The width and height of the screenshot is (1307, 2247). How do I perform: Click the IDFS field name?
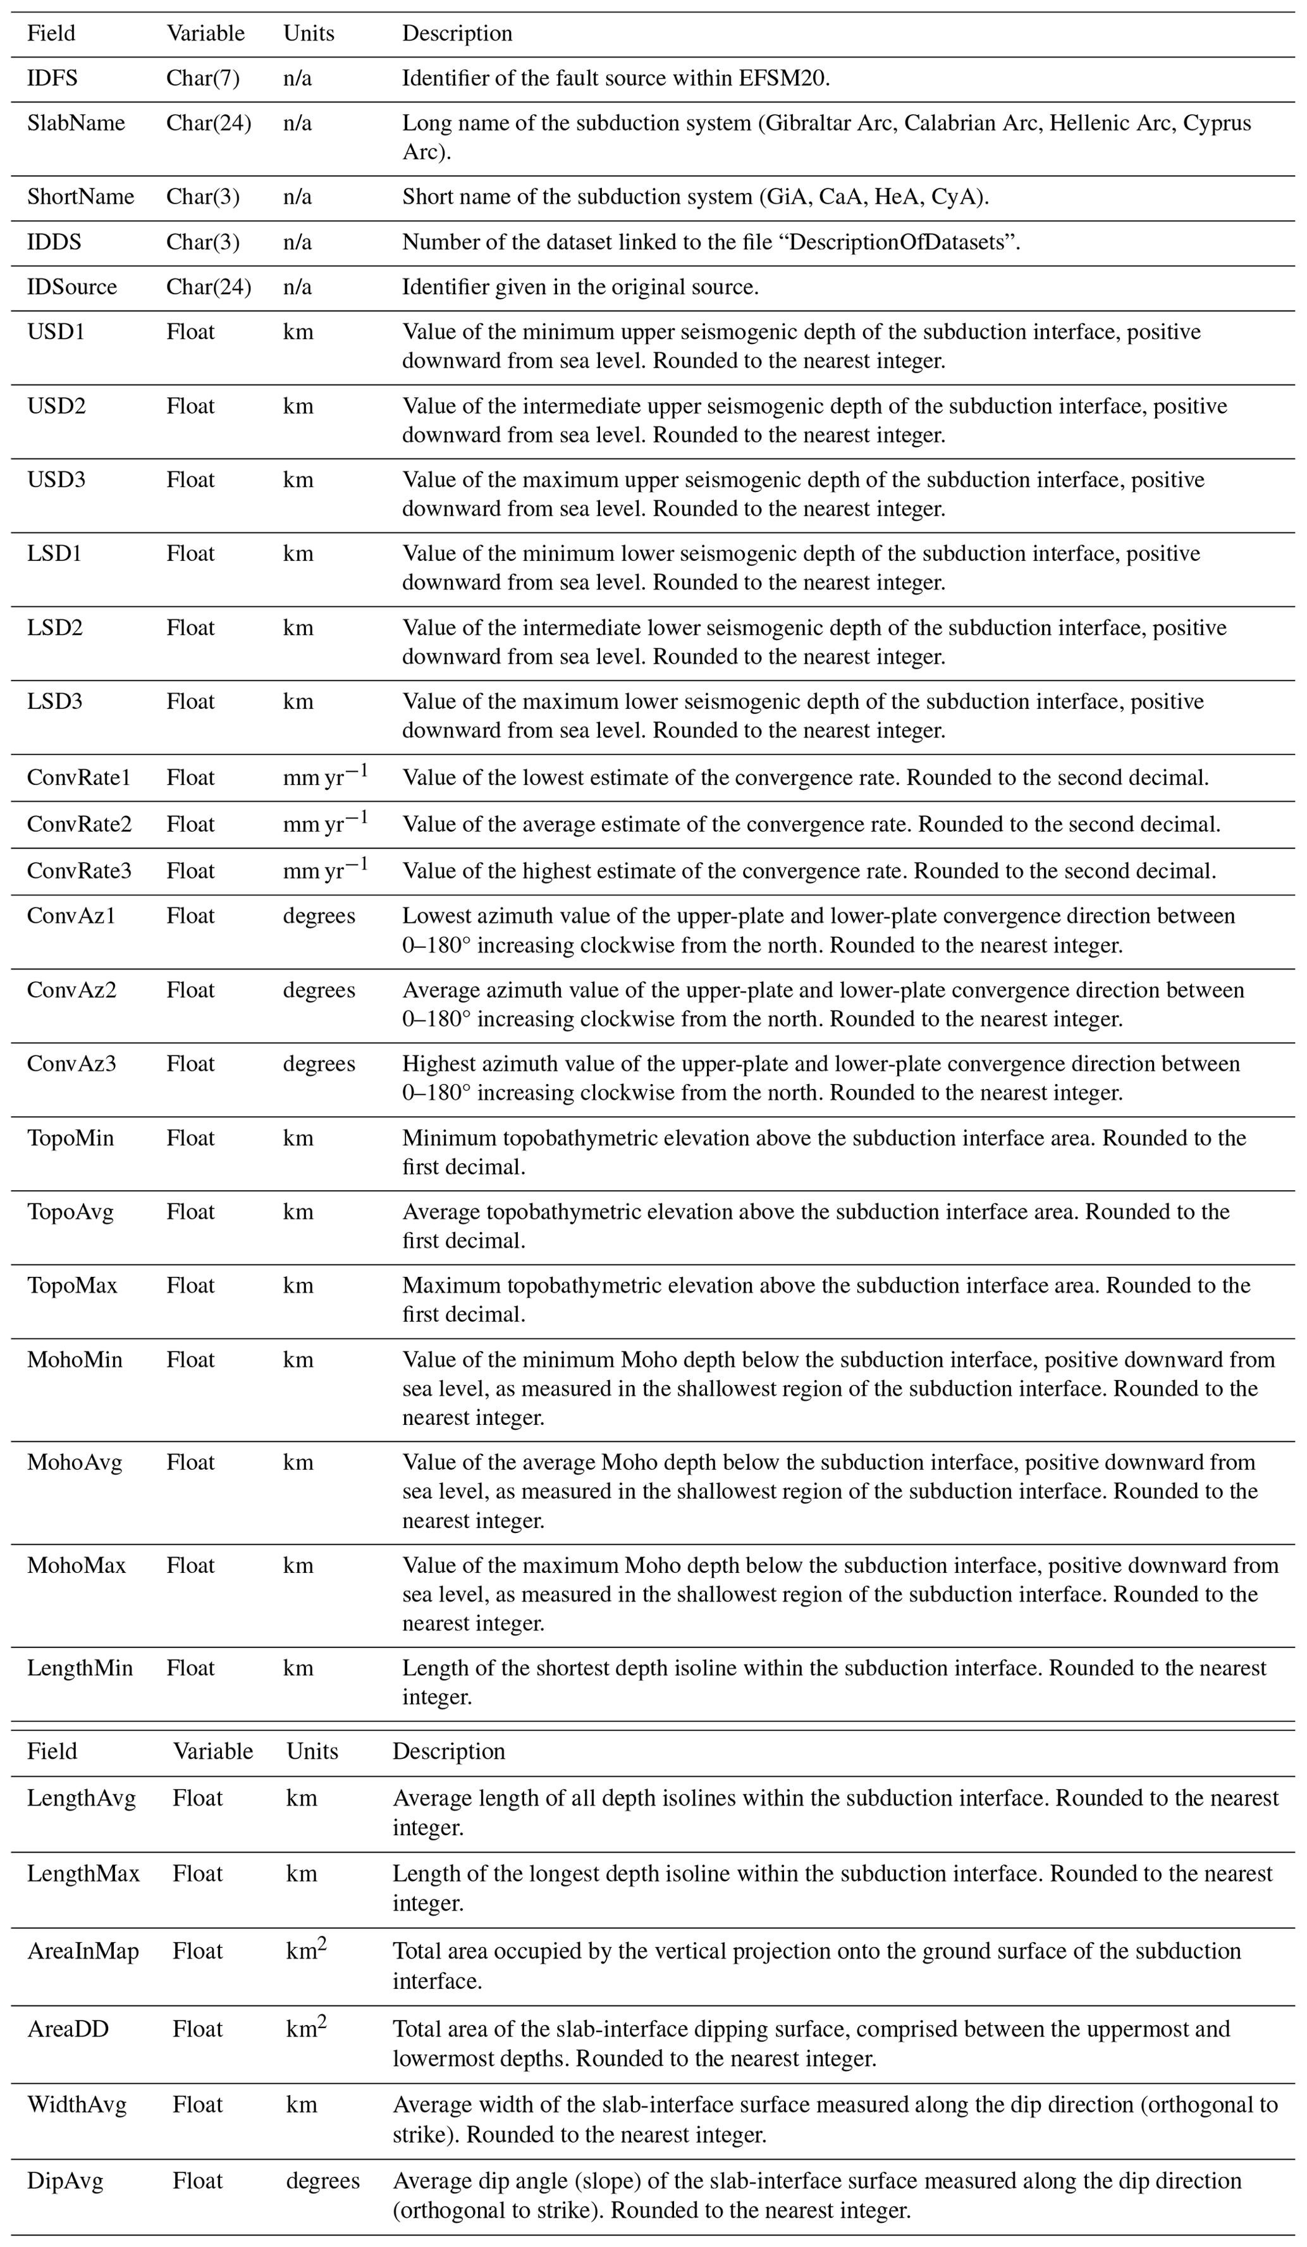(52, 78)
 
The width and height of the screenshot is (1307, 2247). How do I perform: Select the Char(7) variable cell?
(202, 78)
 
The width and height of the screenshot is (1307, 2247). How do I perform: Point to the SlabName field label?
(76, 123)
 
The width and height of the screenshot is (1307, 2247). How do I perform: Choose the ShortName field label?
(80, 197)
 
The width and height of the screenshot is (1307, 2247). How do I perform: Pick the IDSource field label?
(71, 287)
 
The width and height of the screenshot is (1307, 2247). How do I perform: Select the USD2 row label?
(56, 407)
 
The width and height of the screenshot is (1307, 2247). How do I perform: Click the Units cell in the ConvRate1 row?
(324, 777)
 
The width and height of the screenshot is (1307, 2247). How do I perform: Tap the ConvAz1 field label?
(71, 916)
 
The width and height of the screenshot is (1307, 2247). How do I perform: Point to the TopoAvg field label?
(70, 1212)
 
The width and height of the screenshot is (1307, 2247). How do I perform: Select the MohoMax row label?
(76, 1566)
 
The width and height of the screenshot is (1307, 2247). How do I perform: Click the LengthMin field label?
(79, 1668)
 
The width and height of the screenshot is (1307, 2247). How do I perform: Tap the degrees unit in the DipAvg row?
(322, 2181)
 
